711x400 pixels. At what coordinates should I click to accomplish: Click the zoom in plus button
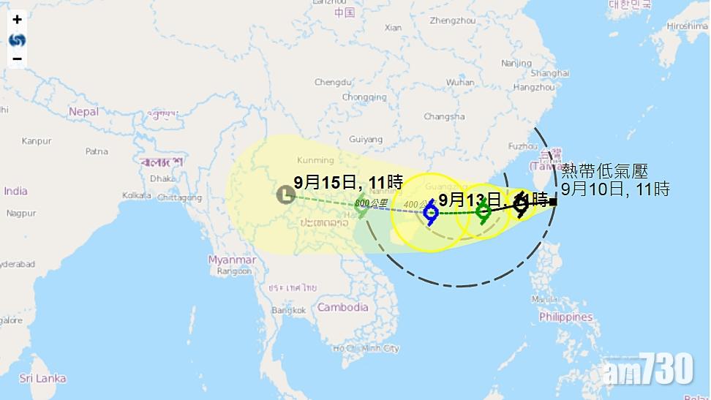17,20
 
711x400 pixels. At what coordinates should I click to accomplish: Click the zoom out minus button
17,59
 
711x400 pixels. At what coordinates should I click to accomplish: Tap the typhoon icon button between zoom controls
17,39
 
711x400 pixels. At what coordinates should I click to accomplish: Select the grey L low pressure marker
285,195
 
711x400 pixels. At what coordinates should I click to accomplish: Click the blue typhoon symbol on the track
431,213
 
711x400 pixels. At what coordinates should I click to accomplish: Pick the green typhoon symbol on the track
483,213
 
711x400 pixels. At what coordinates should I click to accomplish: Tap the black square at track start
554,201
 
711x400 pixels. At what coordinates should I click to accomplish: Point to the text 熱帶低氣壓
604,171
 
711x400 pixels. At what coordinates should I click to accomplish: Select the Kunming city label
315,160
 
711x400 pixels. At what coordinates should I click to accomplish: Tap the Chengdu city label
333,82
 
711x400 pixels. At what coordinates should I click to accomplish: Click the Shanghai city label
549,73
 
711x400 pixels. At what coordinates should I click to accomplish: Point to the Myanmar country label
232,260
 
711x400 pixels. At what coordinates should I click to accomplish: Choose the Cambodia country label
342,307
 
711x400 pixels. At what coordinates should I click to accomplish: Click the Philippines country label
565,317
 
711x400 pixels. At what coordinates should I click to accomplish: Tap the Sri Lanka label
42,378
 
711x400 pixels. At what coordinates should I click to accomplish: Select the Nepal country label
83,111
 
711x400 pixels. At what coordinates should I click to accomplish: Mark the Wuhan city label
460,82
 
